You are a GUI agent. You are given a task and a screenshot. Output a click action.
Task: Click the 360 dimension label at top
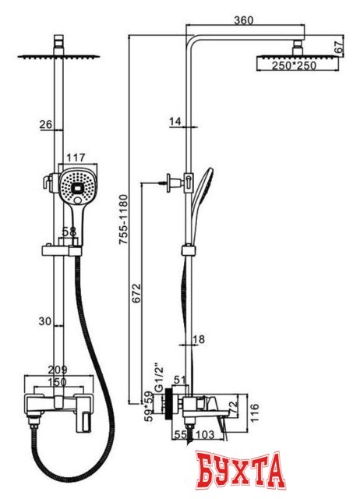244,20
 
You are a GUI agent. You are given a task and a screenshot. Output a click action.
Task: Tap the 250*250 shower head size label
294,65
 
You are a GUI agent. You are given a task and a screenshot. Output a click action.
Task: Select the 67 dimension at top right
339,47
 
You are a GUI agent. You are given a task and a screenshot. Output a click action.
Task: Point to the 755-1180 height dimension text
123,219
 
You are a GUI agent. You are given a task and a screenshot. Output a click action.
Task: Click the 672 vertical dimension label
136,293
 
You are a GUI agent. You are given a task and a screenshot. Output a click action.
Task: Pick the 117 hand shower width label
76,157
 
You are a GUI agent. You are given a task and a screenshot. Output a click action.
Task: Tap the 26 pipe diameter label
45,124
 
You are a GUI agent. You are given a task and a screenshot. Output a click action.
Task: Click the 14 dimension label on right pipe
175,122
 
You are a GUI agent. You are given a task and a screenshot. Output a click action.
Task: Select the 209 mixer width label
58,370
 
